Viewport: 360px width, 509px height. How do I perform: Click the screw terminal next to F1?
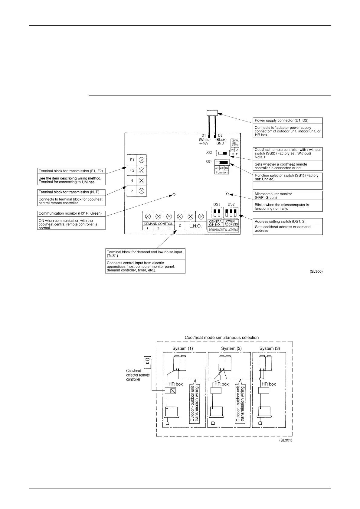[141, 160]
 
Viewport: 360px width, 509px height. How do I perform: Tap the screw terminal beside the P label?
[141, 191]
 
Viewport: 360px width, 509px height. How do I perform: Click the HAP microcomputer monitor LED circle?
[227, 193]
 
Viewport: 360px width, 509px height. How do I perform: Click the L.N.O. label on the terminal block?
[195, 226]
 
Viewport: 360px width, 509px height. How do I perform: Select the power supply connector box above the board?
[212, 113]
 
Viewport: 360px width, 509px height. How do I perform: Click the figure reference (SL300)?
[316, 272]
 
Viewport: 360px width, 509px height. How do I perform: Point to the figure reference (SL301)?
[286, 440]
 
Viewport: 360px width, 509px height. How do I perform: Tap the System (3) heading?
[270, 348]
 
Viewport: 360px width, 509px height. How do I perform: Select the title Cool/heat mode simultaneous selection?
[222, 337]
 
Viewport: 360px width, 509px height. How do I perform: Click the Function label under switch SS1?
[222, 172]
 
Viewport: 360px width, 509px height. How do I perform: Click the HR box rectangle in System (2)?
[216, 390]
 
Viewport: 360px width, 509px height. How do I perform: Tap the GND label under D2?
[220, 143]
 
